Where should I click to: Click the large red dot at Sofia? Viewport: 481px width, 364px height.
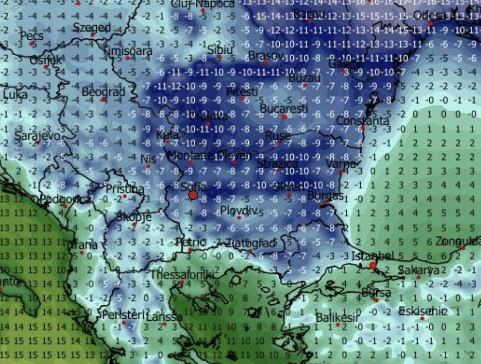tap(193, 195)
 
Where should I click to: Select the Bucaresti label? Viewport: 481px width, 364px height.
tap(284, 108)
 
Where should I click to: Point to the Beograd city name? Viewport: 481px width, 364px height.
tap(103, 92)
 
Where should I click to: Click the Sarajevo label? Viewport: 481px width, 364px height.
tap(37, 136)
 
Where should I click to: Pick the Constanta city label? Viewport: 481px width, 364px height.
tap(362, 121)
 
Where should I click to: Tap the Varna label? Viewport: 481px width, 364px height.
tap(340, 164)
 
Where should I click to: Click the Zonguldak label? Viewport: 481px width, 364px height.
tap(457, 242)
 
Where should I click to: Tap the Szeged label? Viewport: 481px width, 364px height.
tap(91, 27)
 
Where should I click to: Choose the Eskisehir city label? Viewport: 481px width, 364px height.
tap(423, 312)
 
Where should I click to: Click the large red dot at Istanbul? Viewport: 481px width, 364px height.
tap(373, 266)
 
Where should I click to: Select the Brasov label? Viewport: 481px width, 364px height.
tap(265, 55)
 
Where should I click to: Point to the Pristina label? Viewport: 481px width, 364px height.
tap(125, 189)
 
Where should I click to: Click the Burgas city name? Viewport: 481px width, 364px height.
tap(325, 195)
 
